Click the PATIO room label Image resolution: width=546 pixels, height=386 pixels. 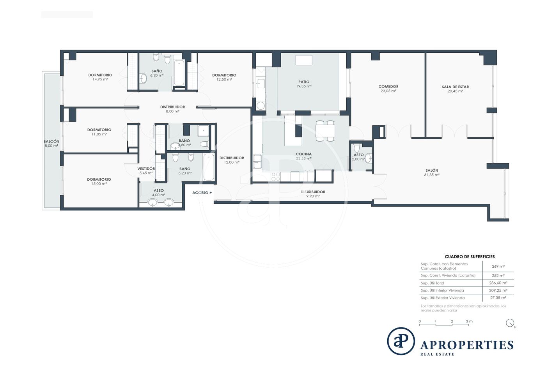tap(304, 82)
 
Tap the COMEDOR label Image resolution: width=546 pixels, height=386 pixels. tap(388, 86)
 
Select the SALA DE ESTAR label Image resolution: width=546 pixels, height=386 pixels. tap(456, 87)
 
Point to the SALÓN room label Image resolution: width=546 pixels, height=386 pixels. tap(432, 170)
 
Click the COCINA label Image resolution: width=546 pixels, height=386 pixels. tap(304, 154)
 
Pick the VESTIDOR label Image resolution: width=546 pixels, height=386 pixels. tap(146, 169)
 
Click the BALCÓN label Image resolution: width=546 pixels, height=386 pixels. tap(51, 141)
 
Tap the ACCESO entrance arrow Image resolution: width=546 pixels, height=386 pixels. tap(211, 192)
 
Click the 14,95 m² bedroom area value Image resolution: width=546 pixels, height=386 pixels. tap(100, 79)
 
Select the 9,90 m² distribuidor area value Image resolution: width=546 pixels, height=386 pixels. tap(313, 196)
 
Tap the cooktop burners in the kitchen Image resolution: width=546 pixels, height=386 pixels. tap(276, 177)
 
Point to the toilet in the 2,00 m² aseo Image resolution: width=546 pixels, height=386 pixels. tap(356, 148)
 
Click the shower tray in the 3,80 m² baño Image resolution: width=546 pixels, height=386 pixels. tap(204, 130)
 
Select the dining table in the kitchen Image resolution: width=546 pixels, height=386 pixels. tap(325, 131)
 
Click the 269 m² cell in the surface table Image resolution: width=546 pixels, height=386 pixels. tap(498, 266)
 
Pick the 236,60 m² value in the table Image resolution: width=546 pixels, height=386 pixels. tap(498, 283)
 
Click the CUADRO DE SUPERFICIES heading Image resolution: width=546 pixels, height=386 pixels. tap(470, 256)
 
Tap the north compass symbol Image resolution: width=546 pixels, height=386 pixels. tap(510, 323)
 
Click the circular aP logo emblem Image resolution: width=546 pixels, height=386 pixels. tap(401, 341)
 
